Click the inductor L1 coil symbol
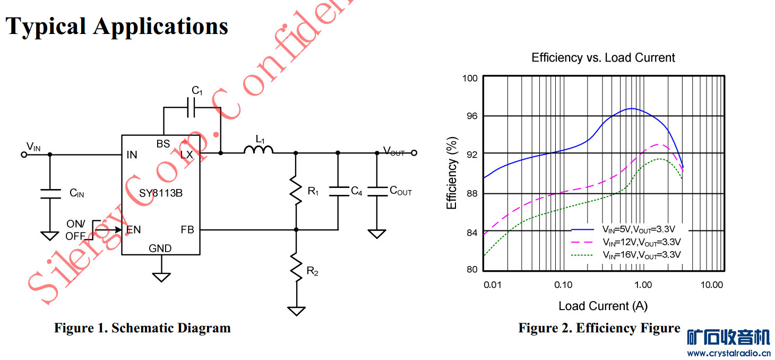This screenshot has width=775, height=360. click(x=259, y=150)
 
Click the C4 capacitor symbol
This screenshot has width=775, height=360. click(x=338, y=191)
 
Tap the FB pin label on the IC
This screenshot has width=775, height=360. click(x=187, y=230)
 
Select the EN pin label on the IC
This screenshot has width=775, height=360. click(x=133, y=230)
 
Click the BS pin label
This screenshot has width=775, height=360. click(x=163, y=144)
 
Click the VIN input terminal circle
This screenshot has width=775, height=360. click(x=23, y=155)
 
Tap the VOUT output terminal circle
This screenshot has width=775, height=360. click(x=414, y=153)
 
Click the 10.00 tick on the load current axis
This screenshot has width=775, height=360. click(x=711, y=285)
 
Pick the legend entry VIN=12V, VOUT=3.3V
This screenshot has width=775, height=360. click(x=641, y=242)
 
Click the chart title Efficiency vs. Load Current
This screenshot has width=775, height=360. click(x=603, y=57)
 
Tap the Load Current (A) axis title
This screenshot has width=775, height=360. click(x=603, y=306)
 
